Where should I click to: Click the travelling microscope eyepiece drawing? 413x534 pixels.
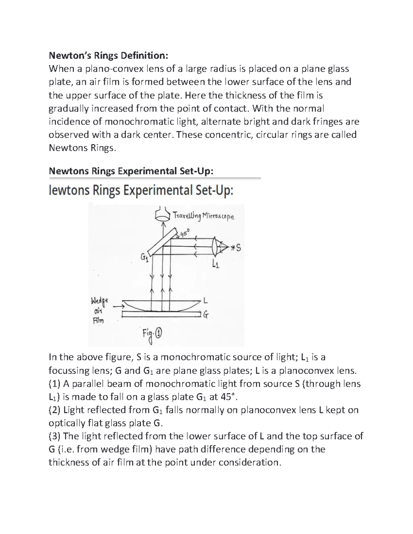tap(163, 215)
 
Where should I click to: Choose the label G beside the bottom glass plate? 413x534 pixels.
tap(205, 314)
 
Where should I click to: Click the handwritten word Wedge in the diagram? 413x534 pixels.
tap(99, 302)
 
